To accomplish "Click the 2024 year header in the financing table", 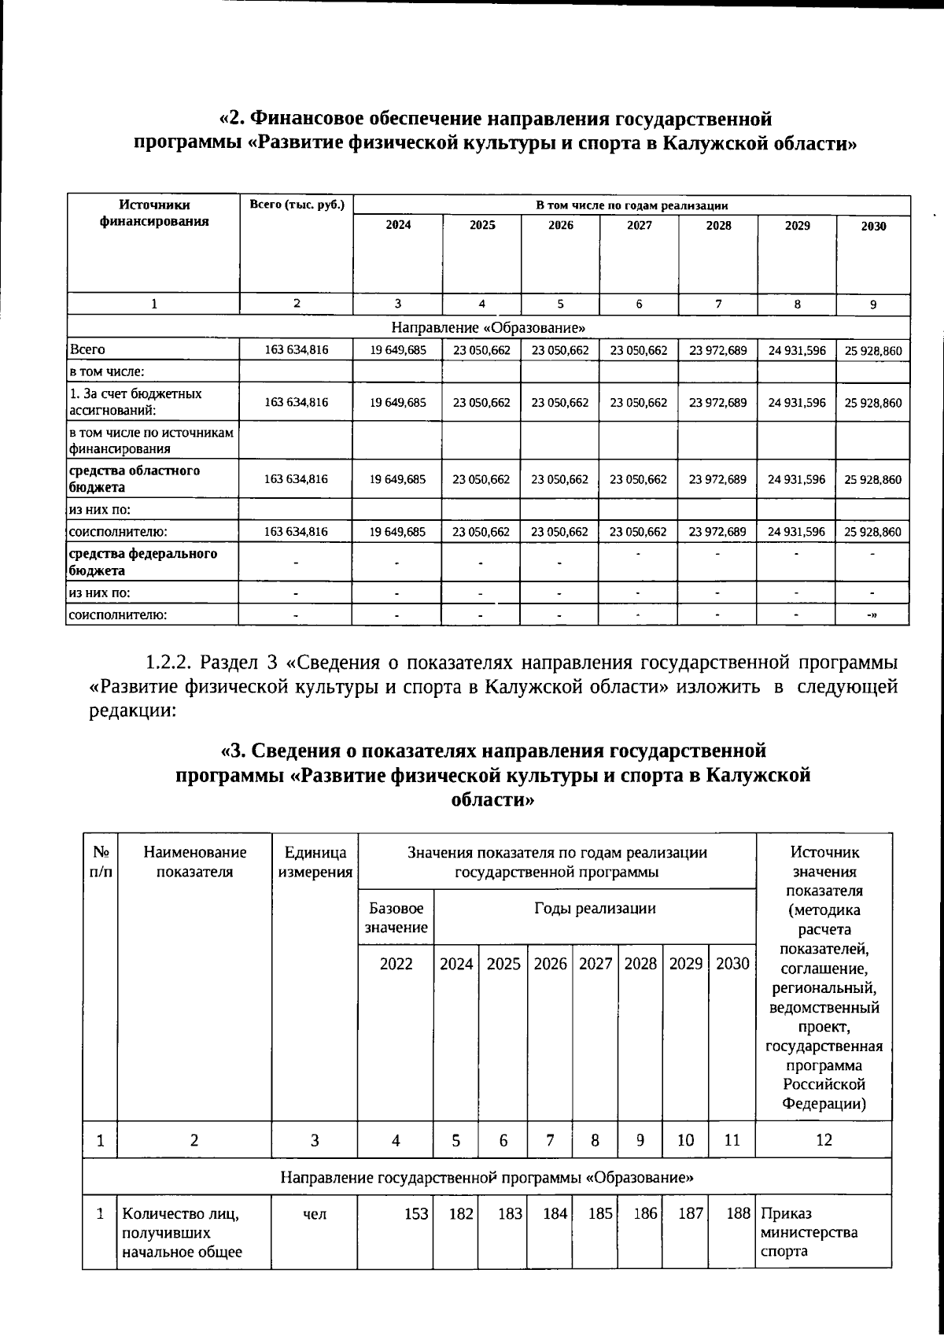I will (x=397, y=225).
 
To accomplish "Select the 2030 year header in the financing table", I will (x=873, y=226).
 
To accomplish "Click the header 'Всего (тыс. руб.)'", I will (x=297, y=205).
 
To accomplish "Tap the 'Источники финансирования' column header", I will (x=154, y=213).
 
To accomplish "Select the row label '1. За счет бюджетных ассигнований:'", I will (x=135, y=401).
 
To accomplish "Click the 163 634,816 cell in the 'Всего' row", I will (x=297, y=350).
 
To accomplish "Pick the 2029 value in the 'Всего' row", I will (x=797, y=350).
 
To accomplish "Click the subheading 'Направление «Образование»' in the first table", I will (x=488, y=327).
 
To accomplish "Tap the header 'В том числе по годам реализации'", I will (x=632, y=205).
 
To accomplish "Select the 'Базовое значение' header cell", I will (x=396, y=917).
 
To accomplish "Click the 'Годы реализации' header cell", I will (x=595, y=908).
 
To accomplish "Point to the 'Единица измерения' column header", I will (x=315, y=862).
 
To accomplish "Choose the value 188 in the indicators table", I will (x=738, y=1214).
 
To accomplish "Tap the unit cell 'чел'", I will (x=315, y=1214).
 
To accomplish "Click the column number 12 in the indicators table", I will (x=824, y=1139).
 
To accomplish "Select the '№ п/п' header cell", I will (x=101, y=862).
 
